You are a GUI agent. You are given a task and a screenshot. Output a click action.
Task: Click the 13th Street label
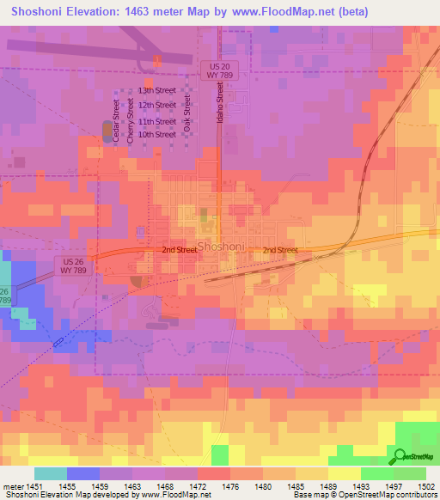(157, 90)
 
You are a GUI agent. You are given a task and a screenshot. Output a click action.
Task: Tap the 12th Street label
(157, 105)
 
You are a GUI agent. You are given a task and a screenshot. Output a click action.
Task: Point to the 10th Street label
(157, 134)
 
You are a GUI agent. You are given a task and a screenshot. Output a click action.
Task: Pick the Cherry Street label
(131, 120)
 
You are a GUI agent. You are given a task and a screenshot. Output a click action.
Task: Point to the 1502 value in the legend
(416, 487)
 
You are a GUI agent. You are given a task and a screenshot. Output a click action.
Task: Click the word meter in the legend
(12, 487)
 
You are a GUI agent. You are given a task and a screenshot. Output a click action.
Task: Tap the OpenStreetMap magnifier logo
(400, 456)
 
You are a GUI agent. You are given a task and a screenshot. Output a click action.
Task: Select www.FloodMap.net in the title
(280, 11)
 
